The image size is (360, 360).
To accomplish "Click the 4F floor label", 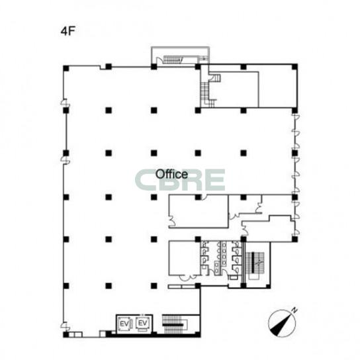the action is pyautogui.click(x=68, y=31).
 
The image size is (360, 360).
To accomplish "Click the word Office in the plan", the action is pyautogui.click(x=171, y=174).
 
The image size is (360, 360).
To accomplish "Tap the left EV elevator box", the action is pyautogui.click(x=124, y=324).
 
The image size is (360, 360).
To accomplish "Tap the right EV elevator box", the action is pyautogui.click(x=143, y=324).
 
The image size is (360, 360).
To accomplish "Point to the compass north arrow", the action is pyautogui.click(x=282, y=323).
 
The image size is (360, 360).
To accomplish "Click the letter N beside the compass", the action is pyautogui.click(x=294, y=310).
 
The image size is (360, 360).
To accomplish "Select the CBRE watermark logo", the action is pyautogui.click(x=180, y=180).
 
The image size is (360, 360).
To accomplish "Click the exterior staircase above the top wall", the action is pyautogui.click(x=173, y=60).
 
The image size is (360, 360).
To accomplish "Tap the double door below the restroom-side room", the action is pyautogui.click(x=188, y=278).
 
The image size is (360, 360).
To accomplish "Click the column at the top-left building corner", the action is pyautogui.click(x=66, y=68).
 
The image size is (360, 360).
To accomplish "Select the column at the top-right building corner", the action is pyautogui.click(x=294, y=67).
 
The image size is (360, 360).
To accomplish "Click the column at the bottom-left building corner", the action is pyautogui.click(x=66, y=334).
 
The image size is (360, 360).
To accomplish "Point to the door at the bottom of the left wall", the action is pyautogui.click(x=64, y=326).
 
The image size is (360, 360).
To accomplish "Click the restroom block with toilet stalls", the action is pyautogui.click(x=221, y=258).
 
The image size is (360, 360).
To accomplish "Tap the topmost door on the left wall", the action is pyautogui.click(x=64, y=103).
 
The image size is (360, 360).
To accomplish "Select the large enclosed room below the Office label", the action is pyautogui.click(x=199, y=211).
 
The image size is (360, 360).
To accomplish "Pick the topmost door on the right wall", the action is pyautogui.click(x=296, y=118).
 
